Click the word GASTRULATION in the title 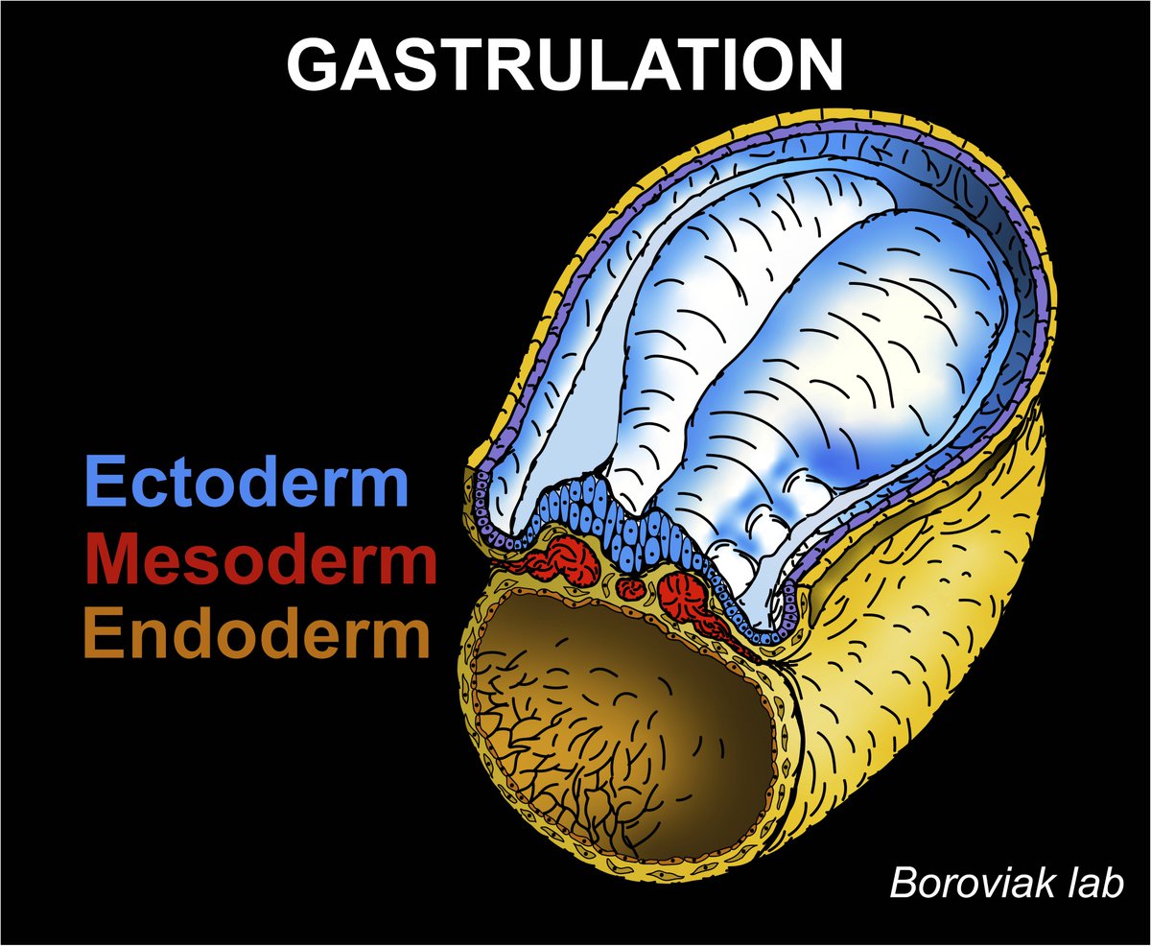click(565, 65)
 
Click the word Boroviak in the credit click(975, 883)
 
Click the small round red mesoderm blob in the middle click(631, 586)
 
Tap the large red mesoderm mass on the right click(685, 593)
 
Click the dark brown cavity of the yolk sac click(623, 729)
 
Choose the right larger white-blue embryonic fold click(825, 384)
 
